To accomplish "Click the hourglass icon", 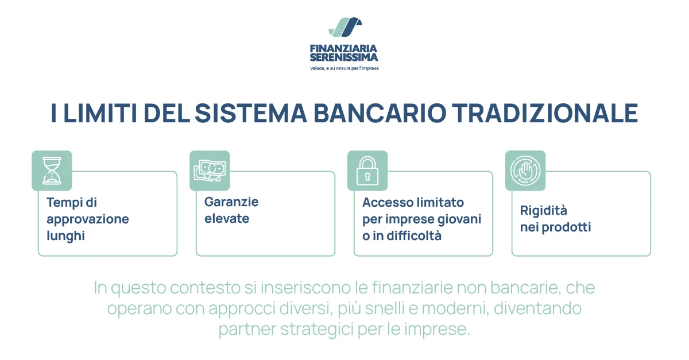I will [52, 171].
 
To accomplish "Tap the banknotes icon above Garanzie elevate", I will [210, 171].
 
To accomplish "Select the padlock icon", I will [367, 171].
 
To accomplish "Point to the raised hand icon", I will [525, 171].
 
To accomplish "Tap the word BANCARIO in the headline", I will [380, 113].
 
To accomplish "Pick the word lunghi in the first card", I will [65, 235].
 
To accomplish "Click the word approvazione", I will [88, 219].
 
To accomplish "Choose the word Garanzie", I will [231, 202].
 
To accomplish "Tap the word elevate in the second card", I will [227, 219].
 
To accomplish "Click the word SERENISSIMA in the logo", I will [344, 57].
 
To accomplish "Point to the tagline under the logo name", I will [344, 68].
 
